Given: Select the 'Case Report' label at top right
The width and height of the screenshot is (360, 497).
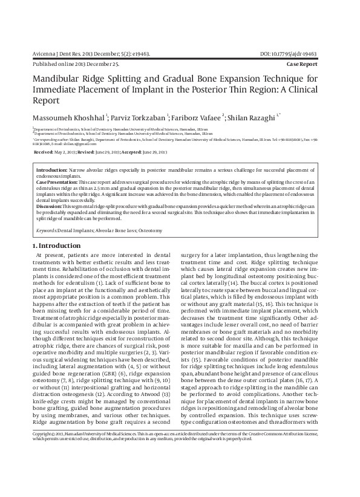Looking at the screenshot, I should click(309, 63).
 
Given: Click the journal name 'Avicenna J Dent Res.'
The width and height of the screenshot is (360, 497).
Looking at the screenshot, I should click(61, 54).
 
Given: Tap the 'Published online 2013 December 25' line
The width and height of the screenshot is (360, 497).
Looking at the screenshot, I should click(75, 63).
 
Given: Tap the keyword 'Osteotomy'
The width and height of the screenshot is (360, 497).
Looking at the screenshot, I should click(150, 231).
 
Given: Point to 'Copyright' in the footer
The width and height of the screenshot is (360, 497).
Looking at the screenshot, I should click(43, 468).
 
